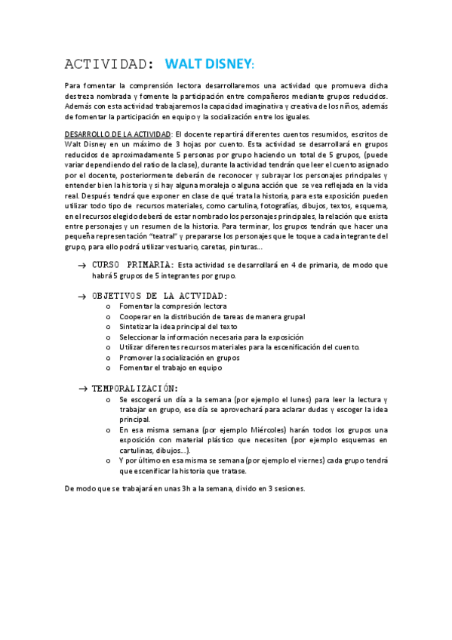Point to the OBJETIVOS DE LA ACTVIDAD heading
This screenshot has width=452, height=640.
click(159, 296)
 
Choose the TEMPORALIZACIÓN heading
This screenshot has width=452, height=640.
click(135, 388)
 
